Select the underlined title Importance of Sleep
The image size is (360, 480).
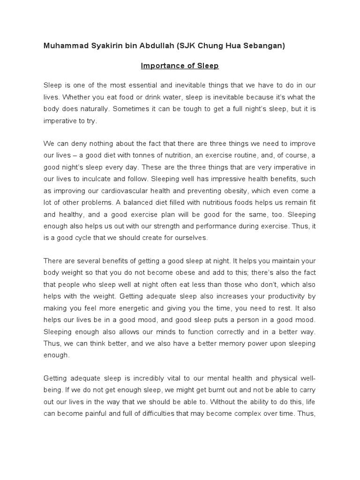180,66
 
